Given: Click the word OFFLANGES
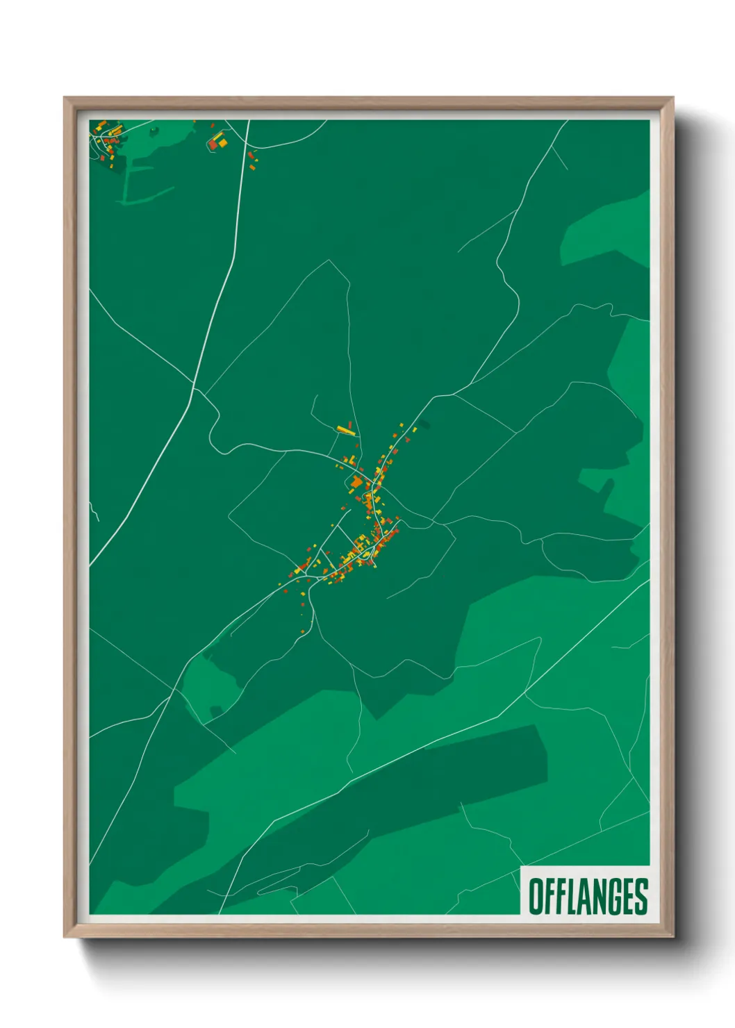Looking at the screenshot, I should [x=588, y=896].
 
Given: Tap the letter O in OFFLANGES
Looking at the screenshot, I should [x=536, y=896].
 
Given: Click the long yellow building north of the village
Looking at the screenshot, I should [x=345, y=430].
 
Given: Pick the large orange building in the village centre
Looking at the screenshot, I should [x=356, y=481].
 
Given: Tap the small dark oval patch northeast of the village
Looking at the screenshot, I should [x=424, y=424].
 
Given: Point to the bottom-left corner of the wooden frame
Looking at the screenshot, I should [x=65, y=936].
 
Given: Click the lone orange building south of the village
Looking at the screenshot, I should [x=304, y=631].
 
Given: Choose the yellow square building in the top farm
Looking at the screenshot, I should [x=223, y=142].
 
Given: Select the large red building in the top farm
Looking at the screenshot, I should [x=213, y=144].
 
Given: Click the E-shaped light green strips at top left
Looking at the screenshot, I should [x=139, y=184].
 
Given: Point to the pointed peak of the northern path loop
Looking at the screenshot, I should [x=329, y=261].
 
